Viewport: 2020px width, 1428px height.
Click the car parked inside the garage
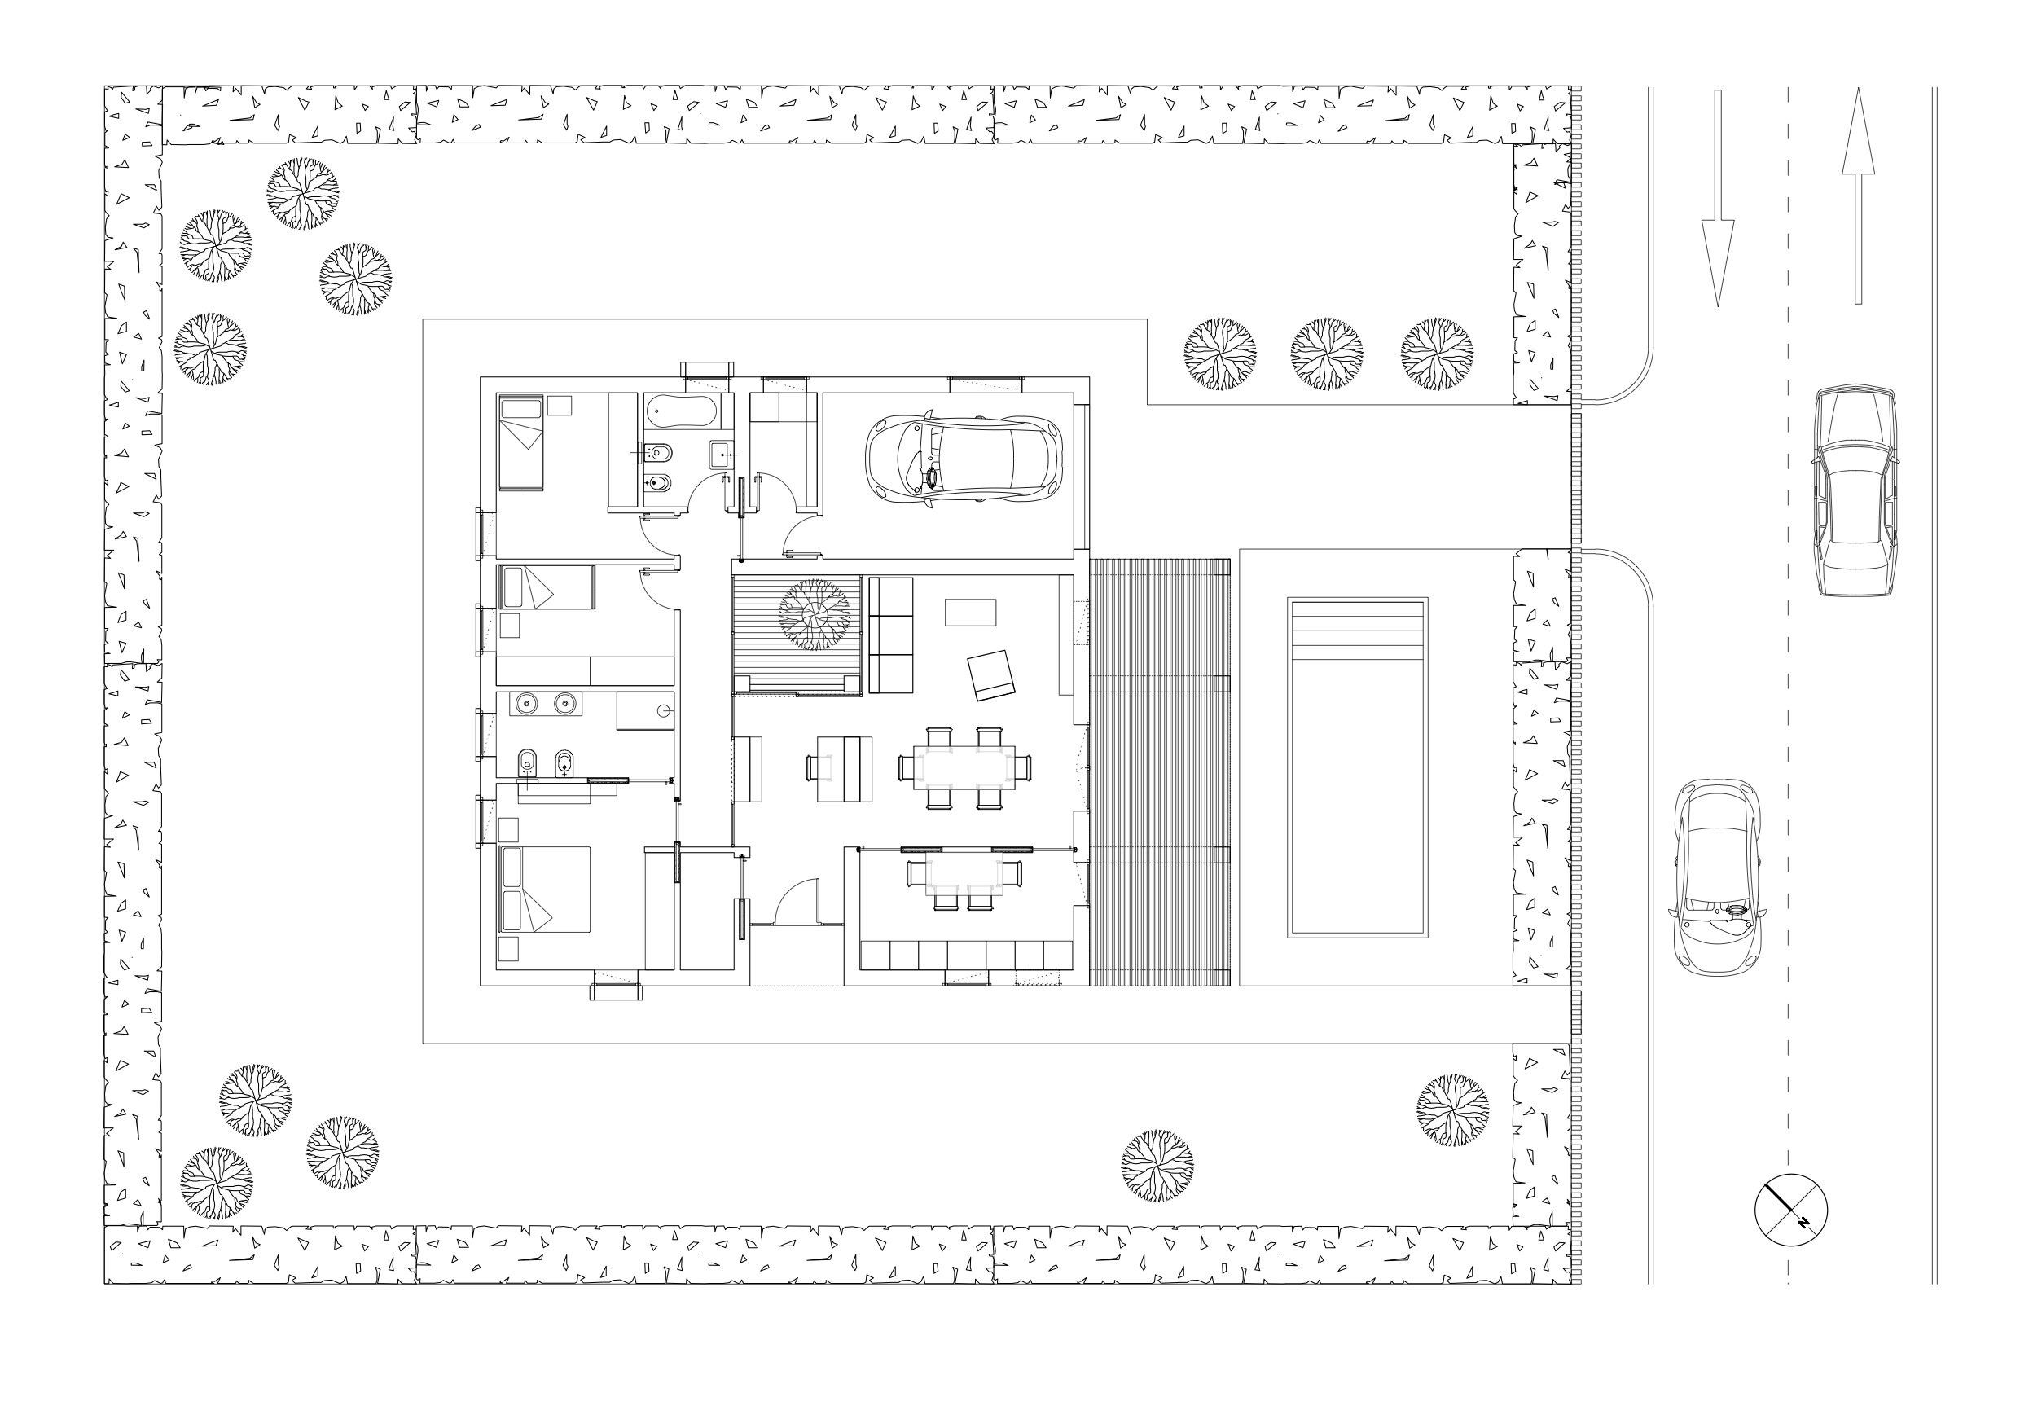(x=964, y=458)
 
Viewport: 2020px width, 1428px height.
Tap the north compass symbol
(x=1791, y=1210)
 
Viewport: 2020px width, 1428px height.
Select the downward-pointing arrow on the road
(x=1717, y=198)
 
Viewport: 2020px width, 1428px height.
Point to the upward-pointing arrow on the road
(x=1858, y=196)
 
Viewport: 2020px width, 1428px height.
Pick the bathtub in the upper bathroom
(x=681, y=411)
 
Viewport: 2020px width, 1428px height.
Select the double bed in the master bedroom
(x=544, y=889)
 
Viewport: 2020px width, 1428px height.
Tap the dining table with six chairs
(x=964, y=768)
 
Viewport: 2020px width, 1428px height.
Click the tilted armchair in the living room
(x=990, y=674)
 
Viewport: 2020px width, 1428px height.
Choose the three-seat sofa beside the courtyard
(x=890, y=635)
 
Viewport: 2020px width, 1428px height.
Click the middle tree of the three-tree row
(x=1327, y=354)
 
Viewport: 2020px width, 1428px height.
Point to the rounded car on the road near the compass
(x=1717, y=877)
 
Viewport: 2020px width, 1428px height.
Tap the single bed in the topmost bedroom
(x=520, y=442)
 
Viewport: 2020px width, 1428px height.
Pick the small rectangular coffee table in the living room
(x=970, y=613)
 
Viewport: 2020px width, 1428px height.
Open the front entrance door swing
(x=797, y=901)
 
